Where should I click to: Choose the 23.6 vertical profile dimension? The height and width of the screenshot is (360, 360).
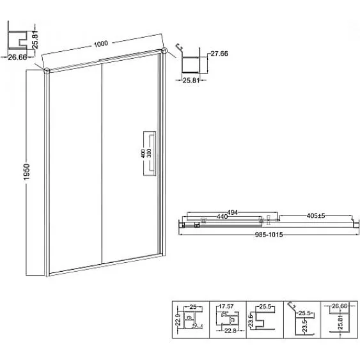(x=251, y=318)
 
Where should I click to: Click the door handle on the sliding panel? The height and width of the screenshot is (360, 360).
(x=150, y=152)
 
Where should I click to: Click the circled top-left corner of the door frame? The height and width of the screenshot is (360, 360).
(x=46, y=70)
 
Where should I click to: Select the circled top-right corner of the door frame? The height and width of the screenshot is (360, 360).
(x=164, y=50)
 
